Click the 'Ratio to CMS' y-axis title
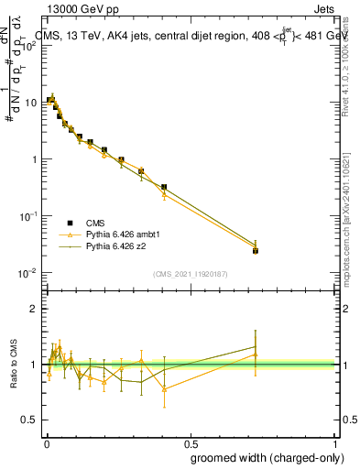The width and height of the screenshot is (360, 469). coord(14,365)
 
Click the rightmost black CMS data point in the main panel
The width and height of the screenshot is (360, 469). coord(256,250)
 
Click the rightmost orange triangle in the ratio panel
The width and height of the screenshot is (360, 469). coord(256,354)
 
